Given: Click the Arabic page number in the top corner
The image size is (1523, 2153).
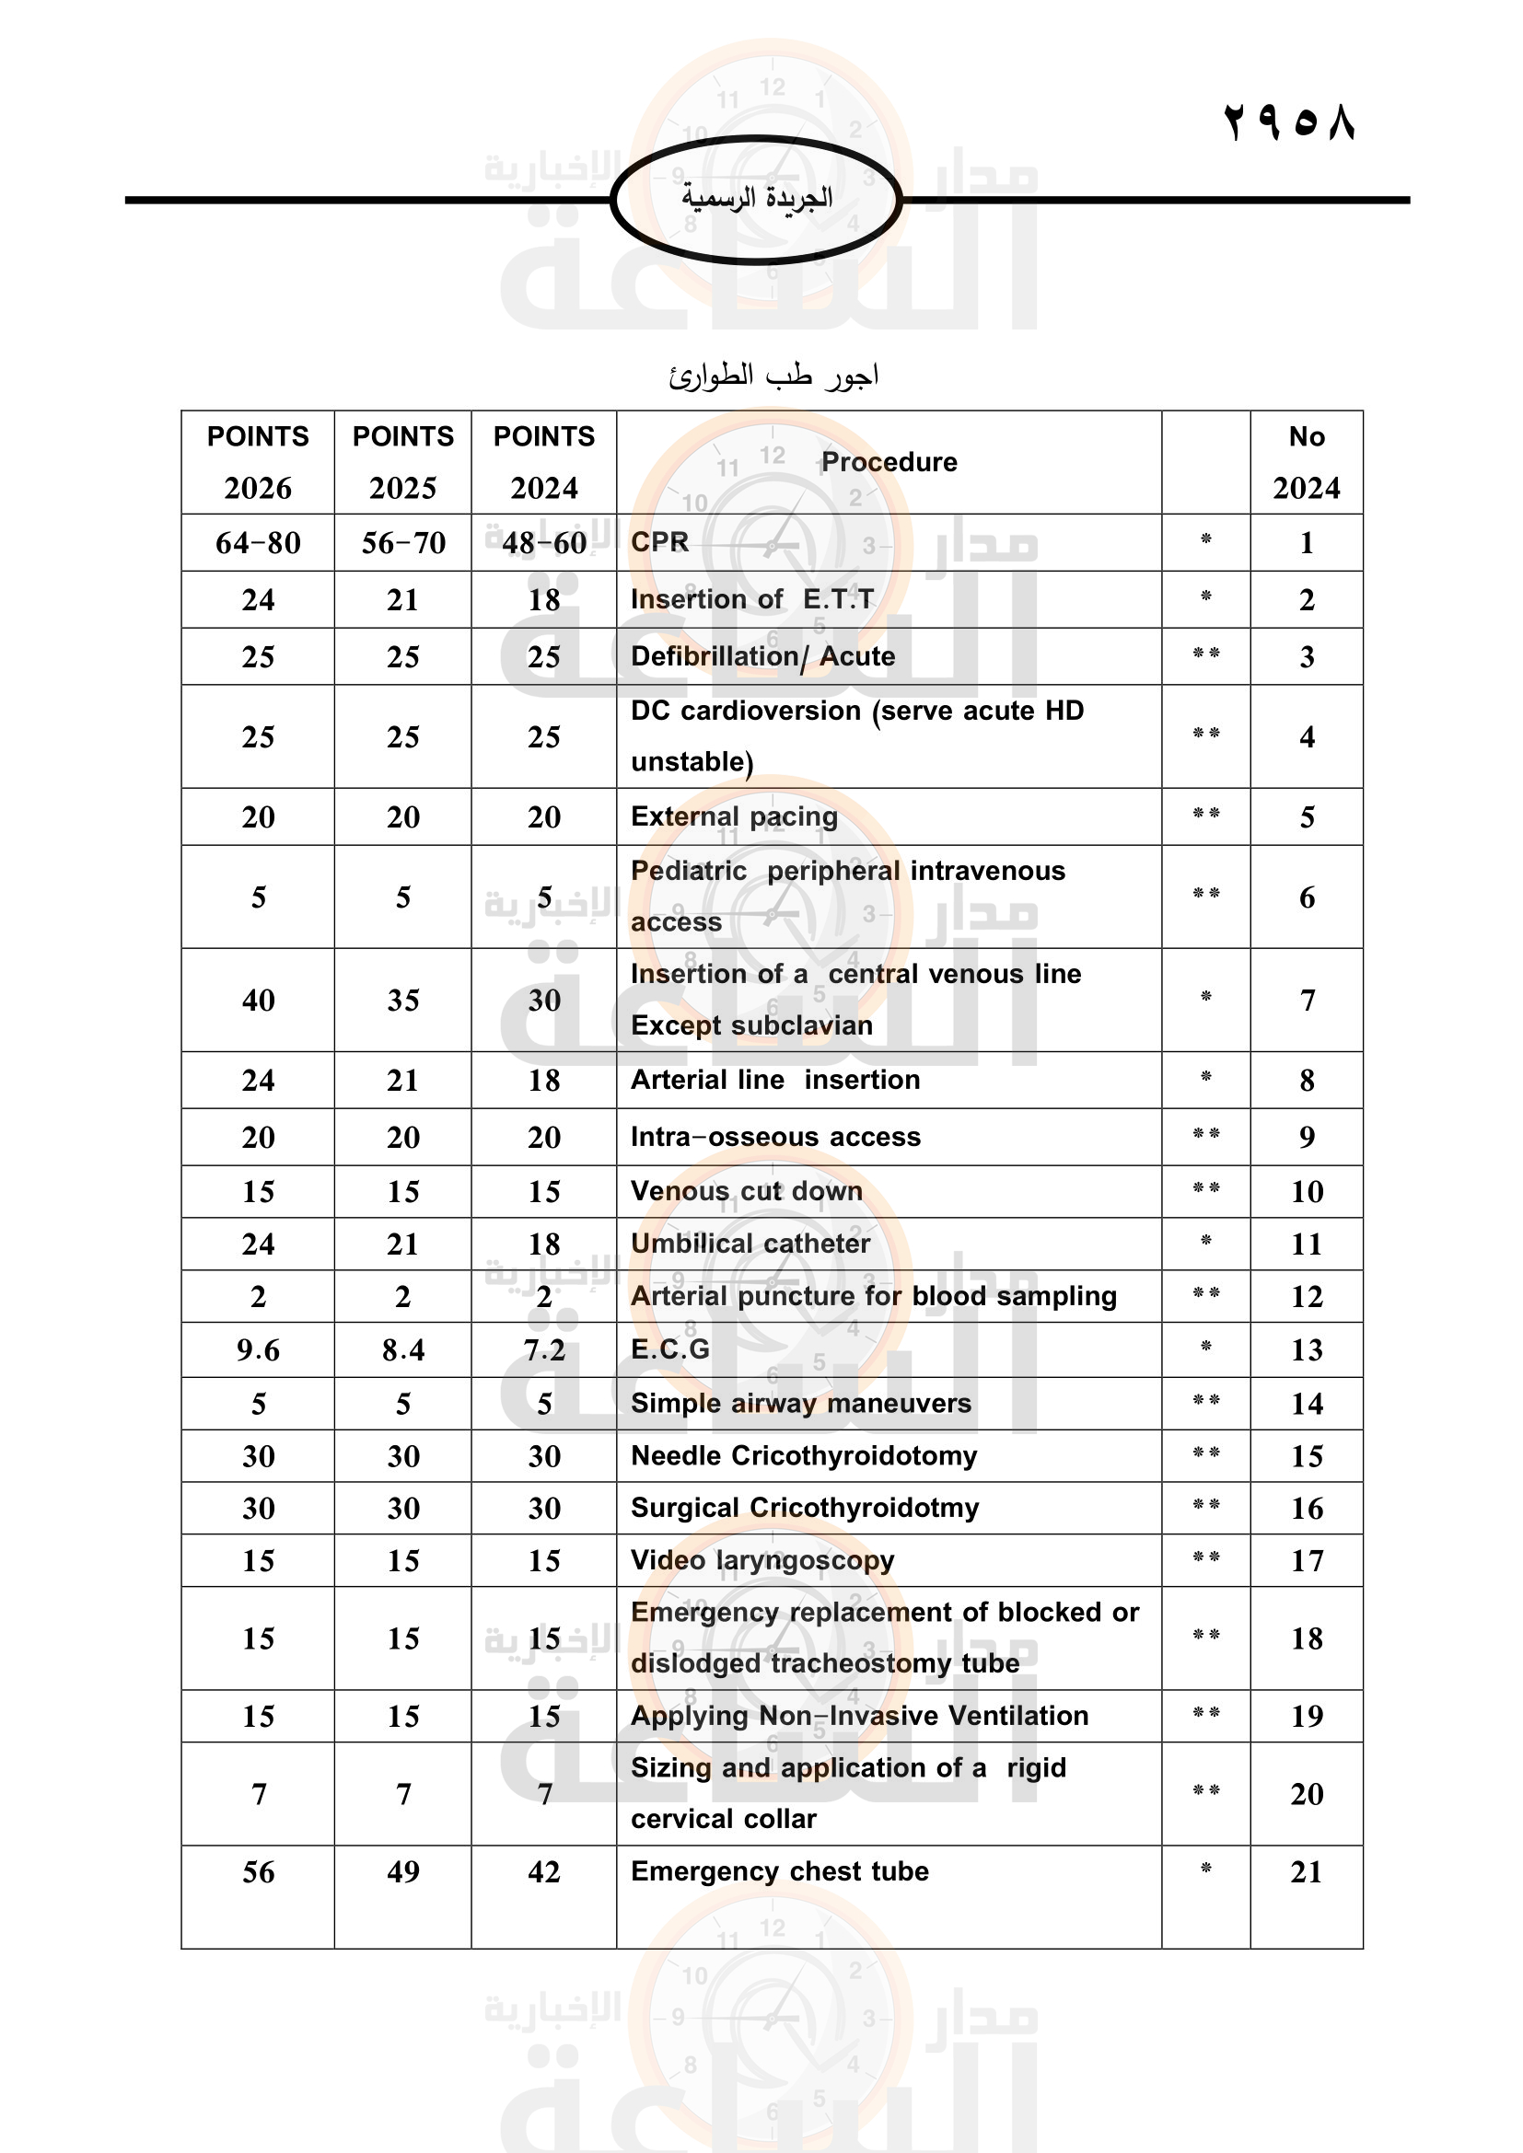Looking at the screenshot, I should pyautogui.click(x=1289, y=122).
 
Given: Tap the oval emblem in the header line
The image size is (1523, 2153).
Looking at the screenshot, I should pyautogui.click(x=756, y=199).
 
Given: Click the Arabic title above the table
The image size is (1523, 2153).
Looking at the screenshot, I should pyautogui.click(x=773, y=376).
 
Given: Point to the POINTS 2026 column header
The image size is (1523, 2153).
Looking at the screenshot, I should pyautogui.click(x=258, y=461).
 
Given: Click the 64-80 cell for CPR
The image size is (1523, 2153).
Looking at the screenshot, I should pyautogui.click(x=258, y=543).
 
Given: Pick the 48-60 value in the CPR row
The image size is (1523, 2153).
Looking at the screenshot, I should pyautogui.click(x=544, y=543).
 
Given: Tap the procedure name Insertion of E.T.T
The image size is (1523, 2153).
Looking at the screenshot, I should pyautogui.click(x=752, y=599).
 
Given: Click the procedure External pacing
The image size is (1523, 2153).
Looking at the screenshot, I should pyautogui.click(x=734, y=816).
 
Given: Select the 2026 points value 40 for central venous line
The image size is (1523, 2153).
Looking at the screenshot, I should pyautogui.click(x=258, y=1001).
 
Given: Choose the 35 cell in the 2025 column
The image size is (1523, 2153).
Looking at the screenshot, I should pyautogui.click(x=403, y=1001).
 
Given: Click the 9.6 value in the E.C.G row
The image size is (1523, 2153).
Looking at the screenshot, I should pyautogui.click(x=258, y=1350).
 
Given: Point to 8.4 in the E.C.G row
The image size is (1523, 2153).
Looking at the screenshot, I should pyautogui.click(x=403, y=1350).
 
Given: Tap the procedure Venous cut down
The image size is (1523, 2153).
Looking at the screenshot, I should pyautogui.click(x=747, y=1191).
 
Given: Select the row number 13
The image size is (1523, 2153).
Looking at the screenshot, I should pyautogui.click(x=1307, y=1350).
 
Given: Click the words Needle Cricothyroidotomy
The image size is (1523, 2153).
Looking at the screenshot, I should pyautogui.click(x=804, y=1455).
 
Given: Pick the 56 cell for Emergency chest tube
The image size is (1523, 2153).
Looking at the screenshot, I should pyautogui.click(x=258, y=1871).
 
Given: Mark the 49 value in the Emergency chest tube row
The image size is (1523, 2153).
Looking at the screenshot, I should pyautogui.click(x=403, y=1871).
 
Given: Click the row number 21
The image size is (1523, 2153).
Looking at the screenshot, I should pyautogui.click(x=1307, y=1871).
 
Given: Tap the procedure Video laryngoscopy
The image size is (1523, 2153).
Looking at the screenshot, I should pyautogui.click(x=762, y=1560).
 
